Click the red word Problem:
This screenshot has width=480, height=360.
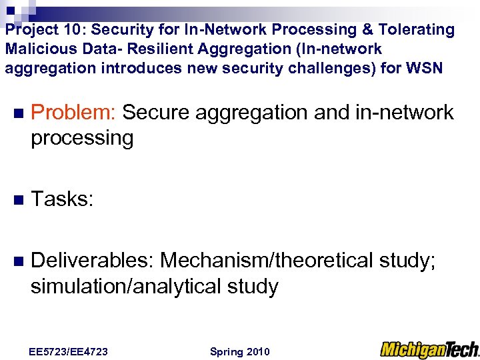tap(74, 113)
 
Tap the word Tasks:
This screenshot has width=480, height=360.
tap(62, 198)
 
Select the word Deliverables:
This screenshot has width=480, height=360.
tap(93, 260)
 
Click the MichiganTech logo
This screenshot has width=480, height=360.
tap(429, 349)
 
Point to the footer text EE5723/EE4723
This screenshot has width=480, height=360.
tap(69, 351)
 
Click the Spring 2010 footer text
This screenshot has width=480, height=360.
tap(239, 351)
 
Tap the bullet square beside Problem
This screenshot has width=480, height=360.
tap(18, 113)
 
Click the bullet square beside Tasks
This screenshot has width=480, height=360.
tap(18, 199)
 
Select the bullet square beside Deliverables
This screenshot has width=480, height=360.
tap(18, 261)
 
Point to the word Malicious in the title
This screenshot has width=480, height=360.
tap(33, 49)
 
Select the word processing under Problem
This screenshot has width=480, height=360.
tap(82, 139)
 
